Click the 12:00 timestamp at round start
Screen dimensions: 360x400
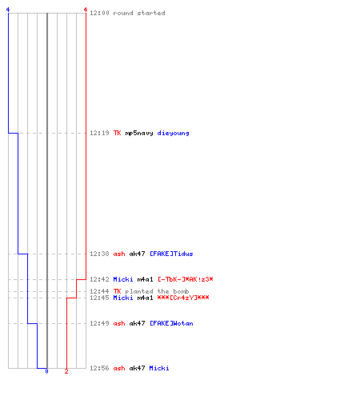click(99, 13)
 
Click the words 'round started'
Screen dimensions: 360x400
click(139, 13)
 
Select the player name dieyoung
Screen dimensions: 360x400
click(173, 133)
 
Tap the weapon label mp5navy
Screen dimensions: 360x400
click(139, 133)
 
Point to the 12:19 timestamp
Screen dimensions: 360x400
click(99, 133)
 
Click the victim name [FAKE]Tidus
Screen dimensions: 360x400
click(171, 254)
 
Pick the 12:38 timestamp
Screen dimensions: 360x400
click(99, 254)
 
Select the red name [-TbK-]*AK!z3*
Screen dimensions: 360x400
click(186, 279)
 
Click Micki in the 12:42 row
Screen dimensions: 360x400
click(123, 279)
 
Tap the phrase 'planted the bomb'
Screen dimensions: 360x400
click(157, 291)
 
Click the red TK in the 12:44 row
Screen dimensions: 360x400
click(117, 291)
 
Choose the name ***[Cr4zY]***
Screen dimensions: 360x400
click(183, 298)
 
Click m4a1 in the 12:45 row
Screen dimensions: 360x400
click(145, 298)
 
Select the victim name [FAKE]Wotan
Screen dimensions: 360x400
click(171, 323)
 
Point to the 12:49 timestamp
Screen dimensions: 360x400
click(99, 323)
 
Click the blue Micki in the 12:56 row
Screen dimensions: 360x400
click(159, 368)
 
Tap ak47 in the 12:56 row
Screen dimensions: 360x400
click(137, 368)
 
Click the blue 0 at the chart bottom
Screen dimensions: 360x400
click(46, 371)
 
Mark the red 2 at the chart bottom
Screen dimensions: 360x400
click(66, 371)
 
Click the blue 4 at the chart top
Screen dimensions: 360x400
click(8, 10)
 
